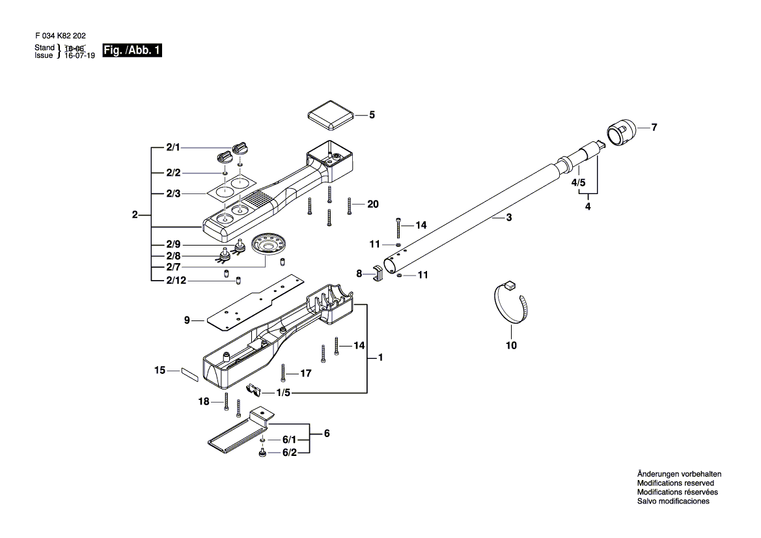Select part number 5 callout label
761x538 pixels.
(372, 115)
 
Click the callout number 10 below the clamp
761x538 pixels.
(511, 345)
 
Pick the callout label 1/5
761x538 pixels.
(283, 393)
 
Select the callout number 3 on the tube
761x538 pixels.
(508, 219)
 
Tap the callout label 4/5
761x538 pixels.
(579, 183)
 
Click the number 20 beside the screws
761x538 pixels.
(372, 204)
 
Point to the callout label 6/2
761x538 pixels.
(290, 453)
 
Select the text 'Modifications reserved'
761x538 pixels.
(675, 483)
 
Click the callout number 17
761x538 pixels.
(305, 373)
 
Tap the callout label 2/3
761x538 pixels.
(173, 194)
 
